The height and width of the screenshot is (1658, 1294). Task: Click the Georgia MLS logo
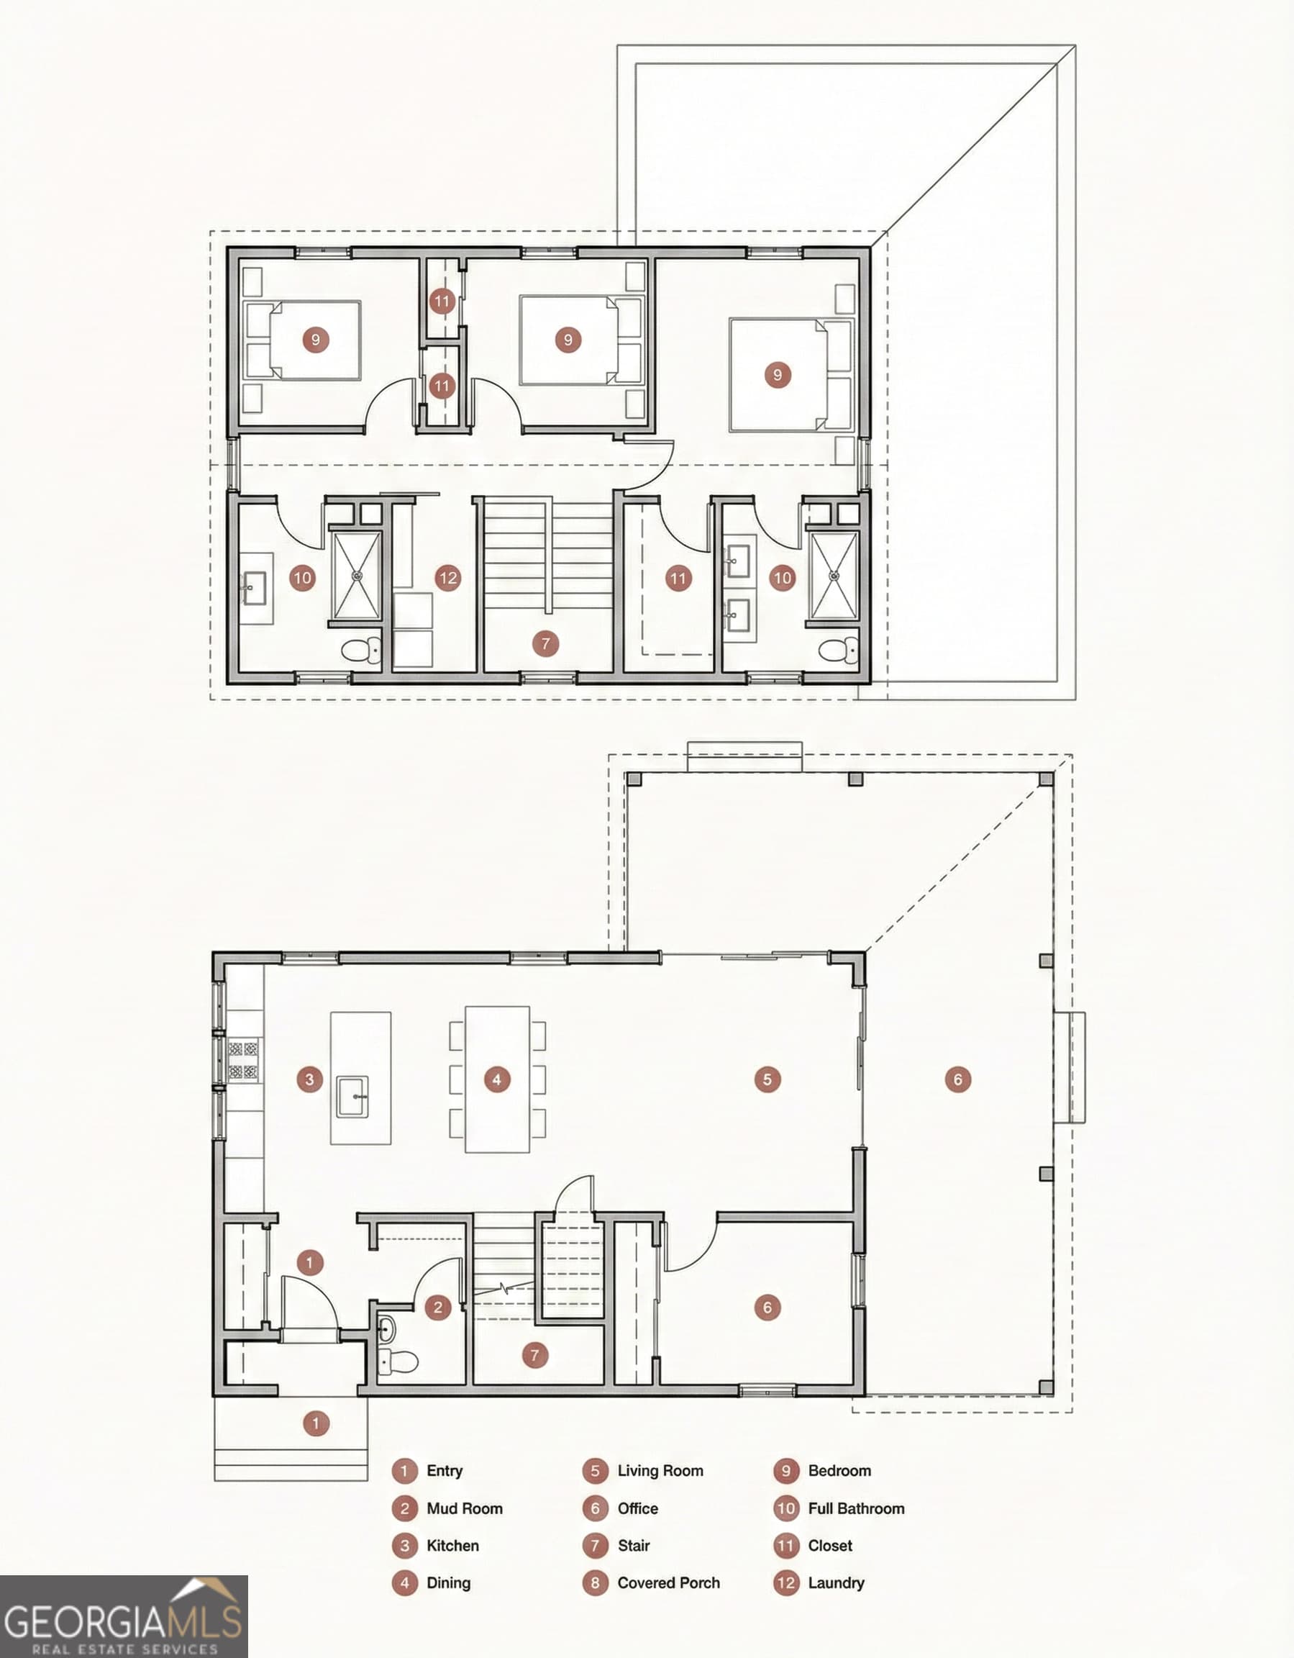124,1616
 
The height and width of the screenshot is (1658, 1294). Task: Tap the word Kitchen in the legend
452,1545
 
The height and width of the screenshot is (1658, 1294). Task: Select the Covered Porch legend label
668,1582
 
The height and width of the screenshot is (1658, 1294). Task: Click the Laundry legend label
836,1582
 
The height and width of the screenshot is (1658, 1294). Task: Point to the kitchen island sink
354,1096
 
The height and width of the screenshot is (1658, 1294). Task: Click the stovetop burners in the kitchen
244,1061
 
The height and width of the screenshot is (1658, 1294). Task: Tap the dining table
497,1079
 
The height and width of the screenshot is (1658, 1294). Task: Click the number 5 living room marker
767,1079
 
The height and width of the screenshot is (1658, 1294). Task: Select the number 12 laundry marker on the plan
448,578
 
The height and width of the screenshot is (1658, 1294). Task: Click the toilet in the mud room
397,1362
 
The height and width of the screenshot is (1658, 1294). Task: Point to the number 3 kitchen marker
309,1079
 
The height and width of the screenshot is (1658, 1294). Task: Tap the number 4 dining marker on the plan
496,1079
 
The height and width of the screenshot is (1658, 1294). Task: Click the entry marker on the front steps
316,1423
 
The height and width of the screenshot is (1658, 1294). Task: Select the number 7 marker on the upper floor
545,644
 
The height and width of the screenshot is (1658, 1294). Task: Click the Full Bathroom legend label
855,1508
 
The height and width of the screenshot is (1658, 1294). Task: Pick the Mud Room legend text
464,1508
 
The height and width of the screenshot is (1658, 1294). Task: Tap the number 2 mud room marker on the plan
438,1308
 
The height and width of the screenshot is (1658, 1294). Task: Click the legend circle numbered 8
595,1583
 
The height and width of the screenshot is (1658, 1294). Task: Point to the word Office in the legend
637,1508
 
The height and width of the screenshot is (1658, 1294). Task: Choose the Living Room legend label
660,1470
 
